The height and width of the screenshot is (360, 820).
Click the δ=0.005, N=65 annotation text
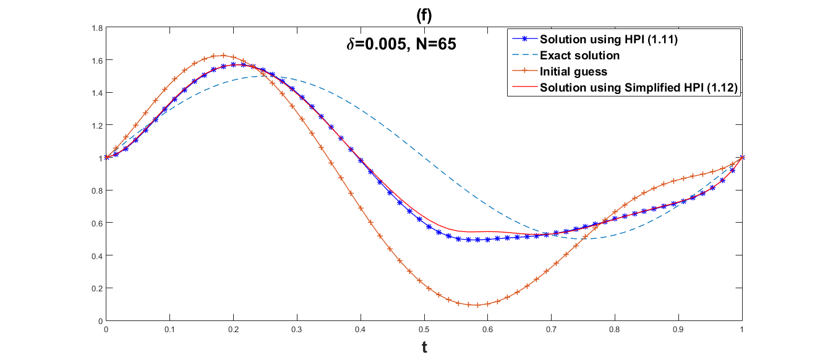401,45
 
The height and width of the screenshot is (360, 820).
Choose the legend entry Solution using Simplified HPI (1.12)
639,88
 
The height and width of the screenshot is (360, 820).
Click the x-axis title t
424,348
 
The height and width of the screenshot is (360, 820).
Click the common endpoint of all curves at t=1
742,157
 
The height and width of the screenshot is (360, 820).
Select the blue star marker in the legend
523,40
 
